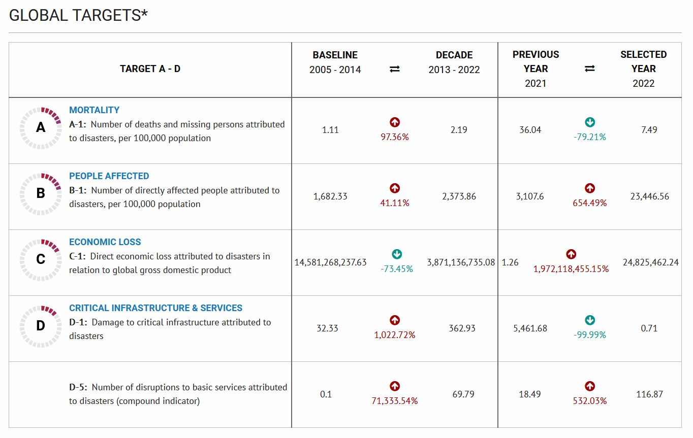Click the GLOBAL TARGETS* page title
(78, 15)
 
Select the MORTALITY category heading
(94, 110)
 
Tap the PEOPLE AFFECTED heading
(109, 176)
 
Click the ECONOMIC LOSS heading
(105, 242)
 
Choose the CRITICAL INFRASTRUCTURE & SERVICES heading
(155, 308)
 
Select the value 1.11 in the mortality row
(330, 129)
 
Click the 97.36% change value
(394, 137)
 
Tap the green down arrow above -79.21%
(590, 122)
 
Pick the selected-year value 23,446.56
(649, 196)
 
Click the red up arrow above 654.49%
(590, 188)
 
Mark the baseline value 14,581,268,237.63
(330, 262)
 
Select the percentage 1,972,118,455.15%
(571, 269)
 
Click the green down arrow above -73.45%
(397, 254)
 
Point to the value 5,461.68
(530, 328)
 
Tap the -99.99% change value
(590, 335)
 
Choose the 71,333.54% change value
(394, 401)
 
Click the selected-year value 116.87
(649, 394)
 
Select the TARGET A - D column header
(150, 69)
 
